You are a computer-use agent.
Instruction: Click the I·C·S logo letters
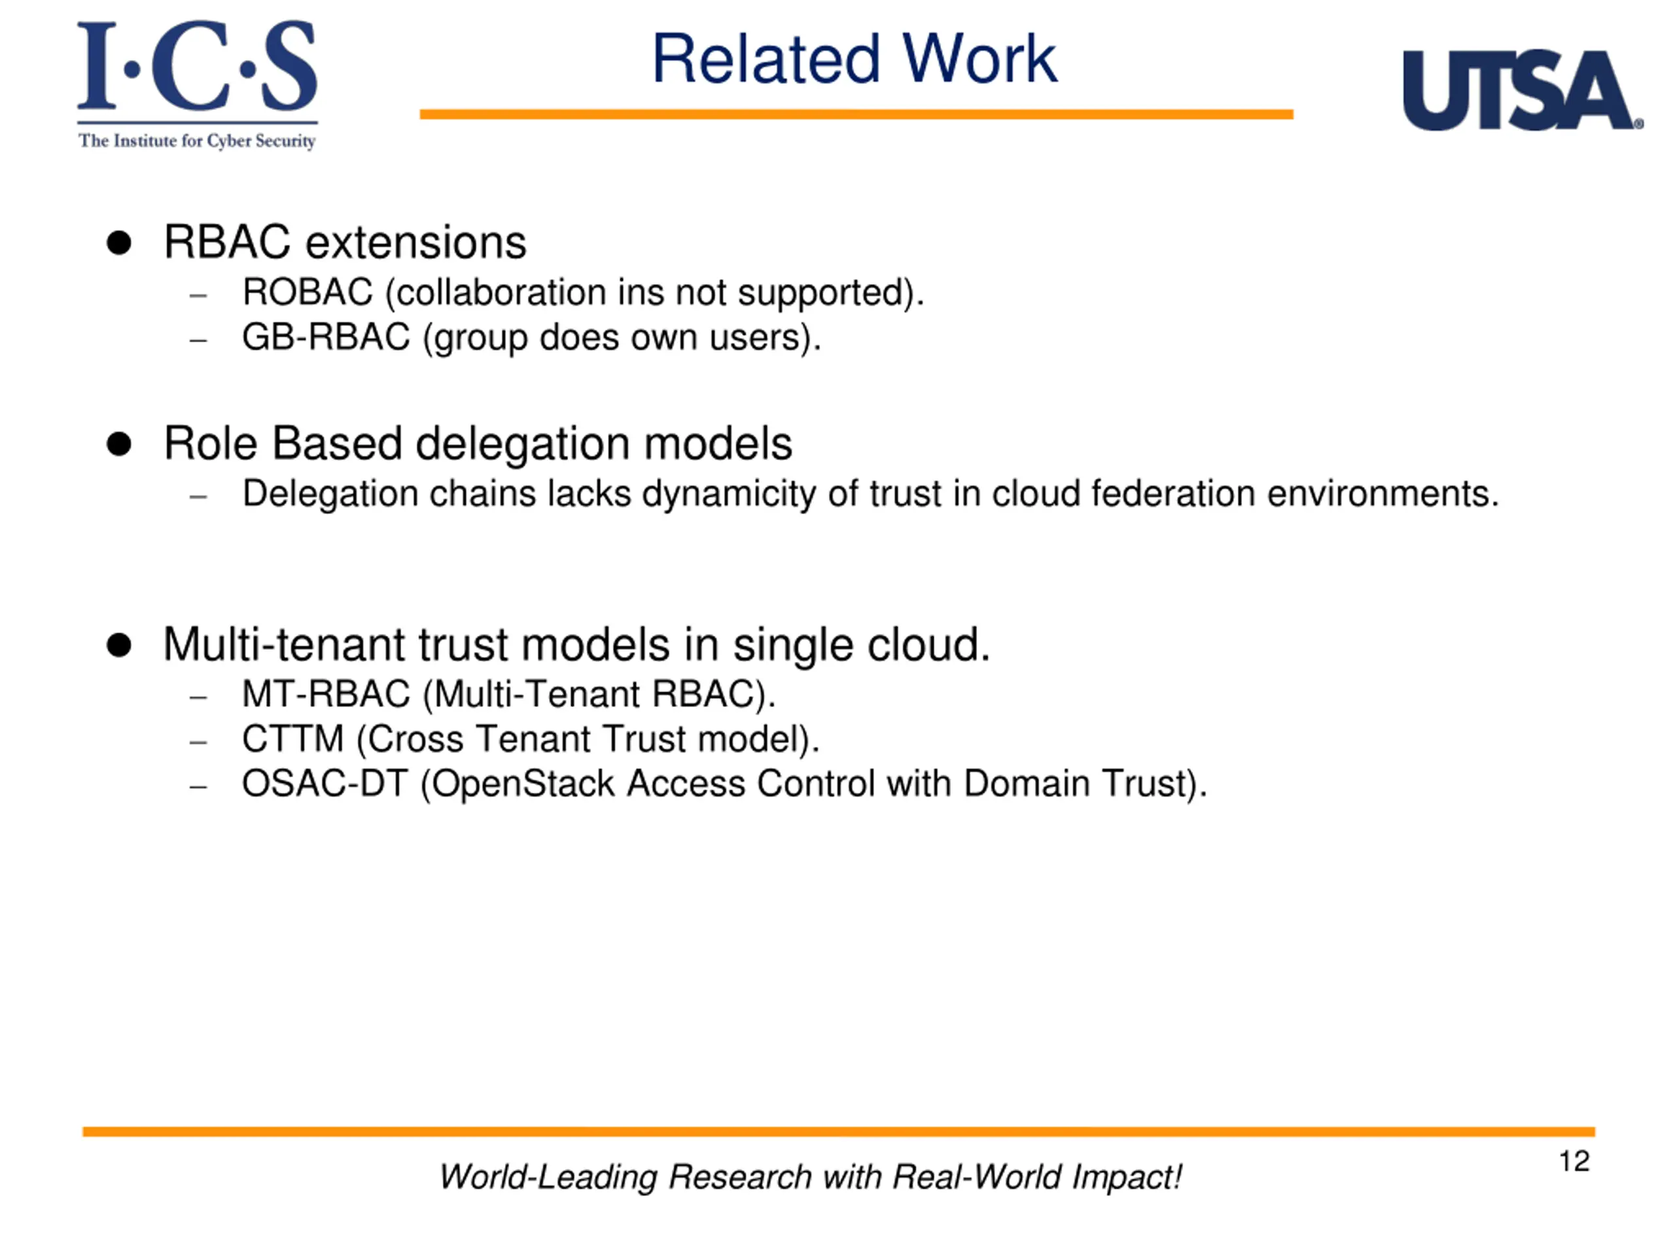tap(197, 67)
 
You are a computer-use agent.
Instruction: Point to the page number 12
tap(1574, 1161)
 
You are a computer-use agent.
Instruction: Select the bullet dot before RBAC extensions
tap(119, 243)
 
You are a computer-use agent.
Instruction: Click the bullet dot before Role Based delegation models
tap(119, 444)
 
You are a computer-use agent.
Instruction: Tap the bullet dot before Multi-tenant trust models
tap(119, 645)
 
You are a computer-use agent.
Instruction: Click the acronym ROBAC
tap(308, 292)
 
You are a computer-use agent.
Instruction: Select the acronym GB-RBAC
tap(326, 337)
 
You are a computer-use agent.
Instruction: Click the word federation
tap(1173, 494)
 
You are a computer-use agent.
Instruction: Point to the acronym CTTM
tap(292, 739)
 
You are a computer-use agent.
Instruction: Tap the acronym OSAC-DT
tap(325, 784)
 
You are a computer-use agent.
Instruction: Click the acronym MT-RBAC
tap(326, 694)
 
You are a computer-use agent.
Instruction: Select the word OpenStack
tap(523, 784)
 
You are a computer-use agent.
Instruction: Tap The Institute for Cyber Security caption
tap(197, 141)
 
